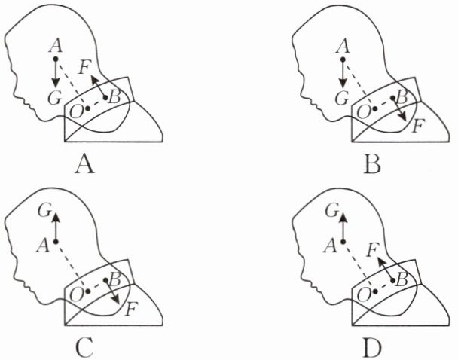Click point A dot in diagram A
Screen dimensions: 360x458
(55, 58)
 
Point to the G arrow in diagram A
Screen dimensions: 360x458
(55, 73)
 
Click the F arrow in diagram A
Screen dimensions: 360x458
(99, 86)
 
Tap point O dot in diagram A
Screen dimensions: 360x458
(88, 108)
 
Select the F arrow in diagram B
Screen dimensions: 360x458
(400, 110)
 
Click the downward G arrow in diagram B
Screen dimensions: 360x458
(343, 73)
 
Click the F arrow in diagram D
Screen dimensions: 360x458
(386, 268)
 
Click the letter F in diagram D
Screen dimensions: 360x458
(371, 248)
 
